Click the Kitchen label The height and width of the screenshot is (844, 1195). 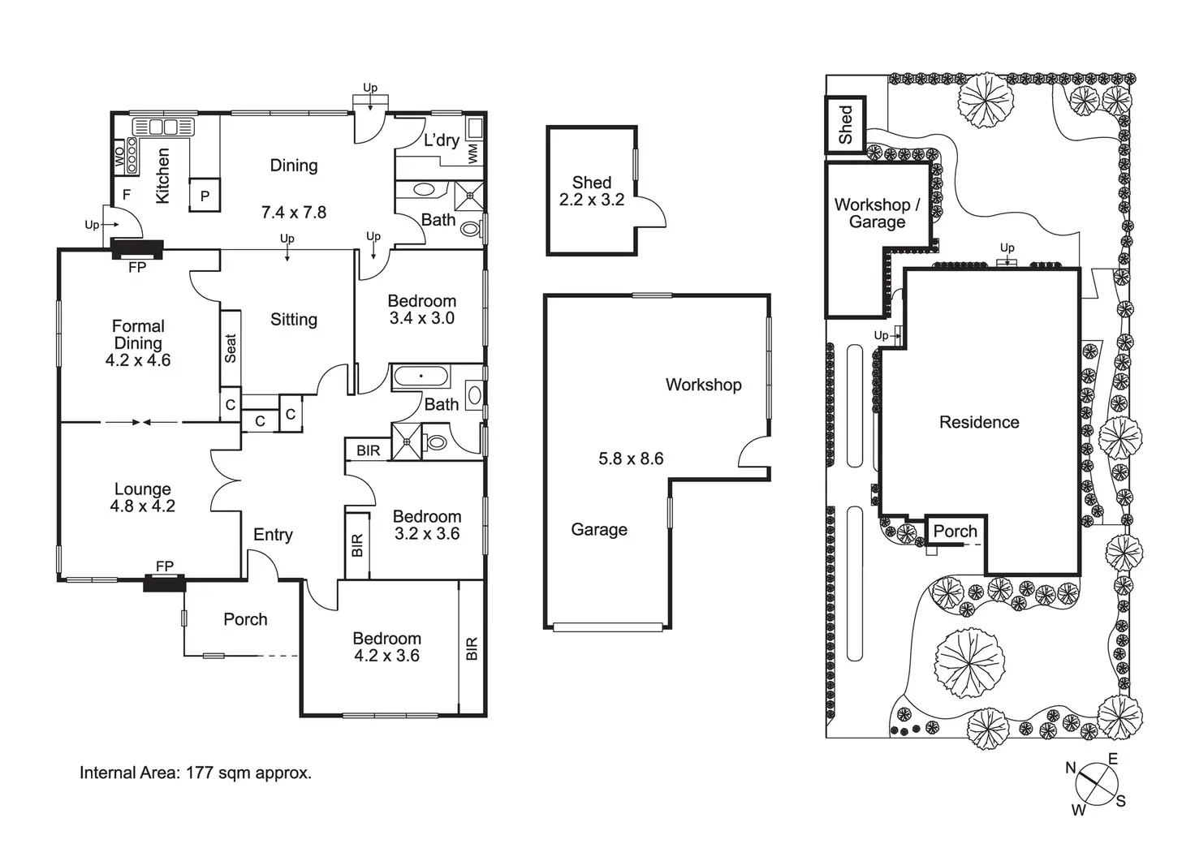(x=162, y=175)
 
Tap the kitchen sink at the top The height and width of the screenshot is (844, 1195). (x=163, y=127)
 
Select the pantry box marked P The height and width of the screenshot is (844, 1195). (x=205, y=196)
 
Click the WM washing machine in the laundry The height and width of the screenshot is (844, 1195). (x=473, y=153)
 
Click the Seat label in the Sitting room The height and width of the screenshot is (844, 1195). (x=231, y=348)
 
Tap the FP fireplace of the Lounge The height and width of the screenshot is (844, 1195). (x=165, y=581)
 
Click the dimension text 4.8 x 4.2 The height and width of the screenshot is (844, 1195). (x=143, y=506)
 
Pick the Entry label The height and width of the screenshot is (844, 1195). (x=273, y=535)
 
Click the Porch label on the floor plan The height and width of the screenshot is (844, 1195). (x=245, y=619)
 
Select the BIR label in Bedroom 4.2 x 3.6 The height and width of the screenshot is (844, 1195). (x=472, y=648)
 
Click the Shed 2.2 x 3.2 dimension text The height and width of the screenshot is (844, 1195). (x=591, y=200)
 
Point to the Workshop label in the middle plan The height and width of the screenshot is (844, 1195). (x=703, y=385)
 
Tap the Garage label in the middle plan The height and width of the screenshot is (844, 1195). (x=599, y=530)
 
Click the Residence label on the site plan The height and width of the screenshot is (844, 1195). (x=979, y=422)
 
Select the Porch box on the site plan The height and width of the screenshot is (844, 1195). (x=956, y=532)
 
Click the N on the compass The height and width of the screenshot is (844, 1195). (x=1071, y=768)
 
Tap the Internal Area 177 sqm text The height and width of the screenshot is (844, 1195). (x=196, y=773)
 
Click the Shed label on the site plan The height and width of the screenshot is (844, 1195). (x=845, y=125)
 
